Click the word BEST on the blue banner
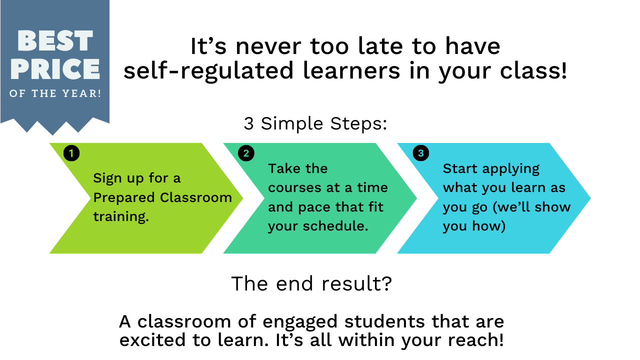55,40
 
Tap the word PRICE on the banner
55,69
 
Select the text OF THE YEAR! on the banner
55,93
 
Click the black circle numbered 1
71,153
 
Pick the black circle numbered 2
246,153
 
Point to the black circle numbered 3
421,153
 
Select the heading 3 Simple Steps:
315,123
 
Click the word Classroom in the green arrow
196,197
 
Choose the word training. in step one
121,216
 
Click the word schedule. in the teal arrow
335,226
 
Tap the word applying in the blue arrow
511,169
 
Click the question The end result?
311,283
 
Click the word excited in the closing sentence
152,340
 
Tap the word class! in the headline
533,70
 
